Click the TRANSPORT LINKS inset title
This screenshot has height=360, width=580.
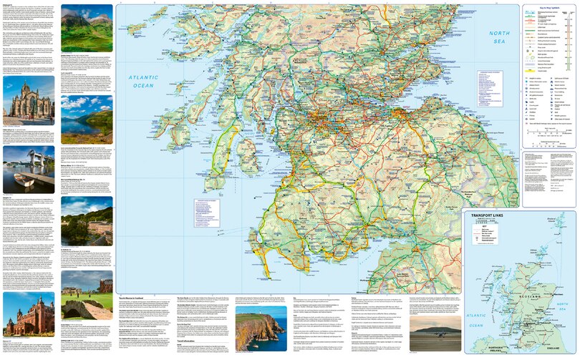click(493, 215)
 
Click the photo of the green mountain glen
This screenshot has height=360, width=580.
click(87, 28)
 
